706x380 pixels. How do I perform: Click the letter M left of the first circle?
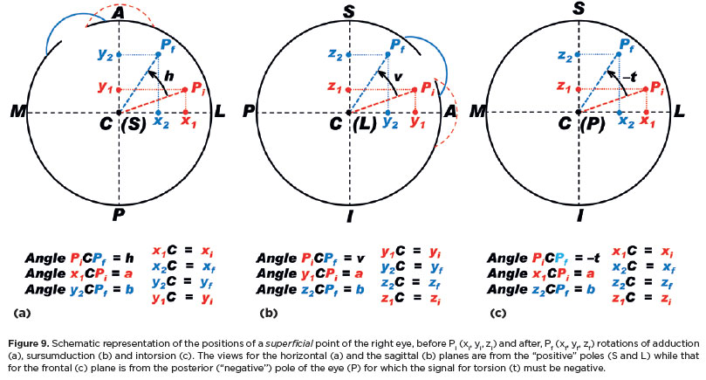point(15,113)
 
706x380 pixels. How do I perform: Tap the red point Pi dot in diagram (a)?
point(185,89)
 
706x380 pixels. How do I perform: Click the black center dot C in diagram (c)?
point(578,112)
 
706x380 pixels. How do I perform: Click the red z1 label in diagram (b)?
point(332,89)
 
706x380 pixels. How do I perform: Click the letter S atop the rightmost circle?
point(578,10)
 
